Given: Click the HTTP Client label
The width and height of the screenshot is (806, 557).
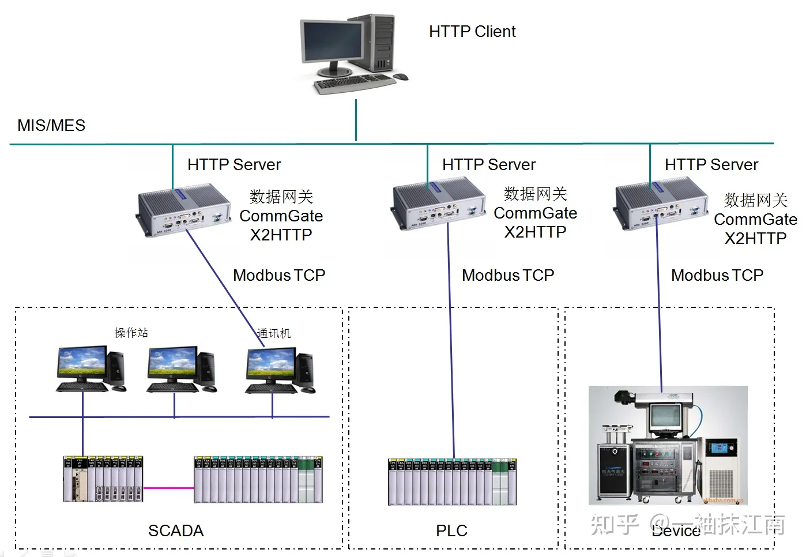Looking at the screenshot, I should [x=472, y=32].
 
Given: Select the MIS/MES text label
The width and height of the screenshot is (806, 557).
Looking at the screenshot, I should [x=51, y=126].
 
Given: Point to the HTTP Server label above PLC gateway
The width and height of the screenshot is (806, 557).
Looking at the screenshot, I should [x=488, y=165].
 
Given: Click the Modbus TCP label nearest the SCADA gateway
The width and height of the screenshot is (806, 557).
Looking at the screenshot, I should [x=279, y=276].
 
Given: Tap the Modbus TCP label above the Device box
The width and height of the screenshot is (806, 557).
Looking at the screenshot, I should [x=717, y=276].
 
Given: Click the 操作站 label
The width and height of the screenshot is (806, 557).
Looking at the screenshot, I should [x=131, y=333].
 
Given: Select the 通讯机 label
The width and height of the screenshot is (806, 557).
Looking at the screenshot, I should [x=274, y=333].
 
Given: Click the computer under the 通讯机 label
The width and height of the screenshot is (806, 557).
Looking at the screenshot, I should [x=280, y=370].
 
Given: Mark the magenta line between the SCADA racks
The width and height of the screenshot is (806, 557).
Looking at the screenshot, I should [x=168, y=488].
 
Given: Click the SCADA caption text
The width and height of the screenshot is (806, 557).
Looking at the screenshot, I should [x=176, y=530].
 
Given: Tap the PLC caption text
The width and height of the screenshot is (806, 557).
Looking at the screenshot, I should [x=451, y=530].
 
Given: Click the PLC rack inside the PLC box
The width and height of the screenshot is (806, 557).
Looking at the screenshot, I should [x=452, y=482].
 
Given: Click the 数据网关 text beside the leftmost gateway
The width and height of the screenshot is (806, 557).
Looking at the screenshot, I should [x=281, y=197].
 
